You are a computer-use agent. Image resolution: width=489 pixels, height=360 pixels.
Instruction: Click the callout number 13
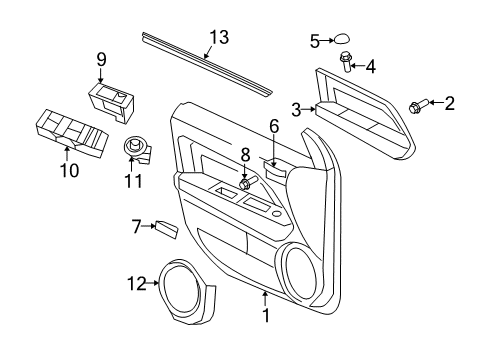coord(219,38)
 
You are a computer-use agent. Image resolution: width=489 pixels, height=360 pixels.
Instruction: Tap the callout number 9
coord(101,59)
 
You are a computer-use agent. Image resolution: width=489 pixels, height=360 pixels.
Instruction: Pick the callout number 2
coord(449,101)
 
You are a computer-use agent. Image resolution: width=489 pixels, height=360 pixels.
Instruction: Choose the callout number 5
coord(314,41)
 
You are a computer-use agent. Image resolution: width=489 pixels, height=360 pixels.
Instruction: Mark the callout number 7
coord(138,226)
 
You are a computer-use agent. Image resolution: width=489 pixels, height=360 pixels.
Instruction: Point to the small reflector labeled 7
coord(167,228)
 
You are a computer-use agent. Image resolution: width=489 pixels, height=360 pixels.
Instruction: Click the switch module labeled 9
coord(112,98)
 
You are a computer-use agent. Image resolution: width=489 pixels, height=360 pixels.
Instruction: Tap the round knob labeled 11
coord(132,148)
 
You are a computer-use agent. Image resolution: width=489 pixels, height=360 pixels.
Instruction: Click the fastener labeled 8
coord(245,185)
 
